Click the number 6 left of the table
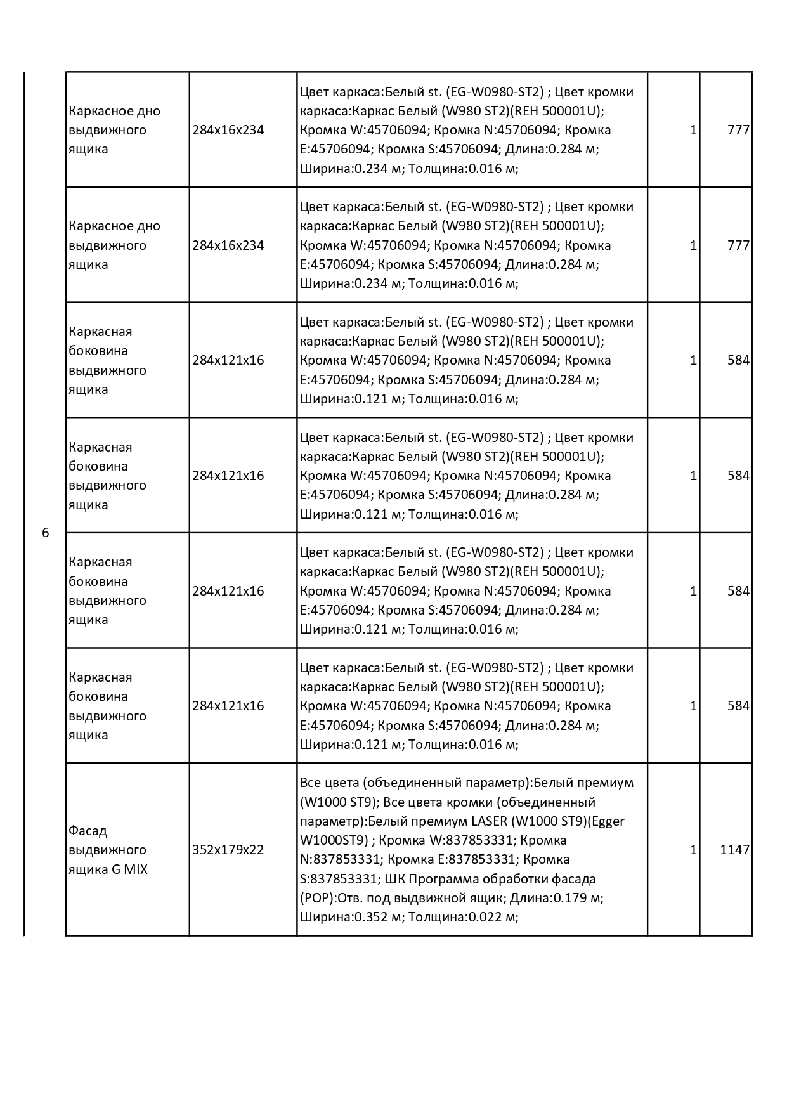(x=45, y=533)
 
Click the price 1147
(x=734, y=850)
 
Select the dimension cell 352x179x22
(x=228, y=850)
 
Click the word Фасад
(x=88, y=831)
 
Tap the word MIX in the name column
(x=136, y=869)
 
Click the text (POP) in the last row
(x=316, y=898)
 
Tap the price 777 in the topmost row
(x=738, y=130)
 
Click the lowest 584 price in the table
(x=738, y=706)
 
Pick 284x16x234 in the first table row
(x=228, y=130)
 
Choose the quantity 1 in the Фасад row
(x=693, y=850)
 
